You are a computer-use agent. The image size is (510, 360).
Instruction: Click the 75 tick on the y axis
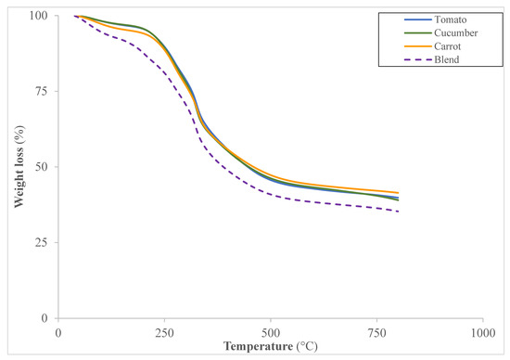43,92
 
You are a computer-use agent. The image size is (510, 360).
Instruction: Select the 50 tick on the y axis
43,167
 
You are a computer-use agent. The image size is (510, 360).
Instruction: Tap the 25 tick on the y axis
43,243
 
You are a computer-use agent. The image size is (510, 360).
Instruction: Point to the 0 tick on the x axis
58,331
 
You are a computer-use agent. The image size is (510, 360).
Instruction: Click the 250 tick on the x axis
164,331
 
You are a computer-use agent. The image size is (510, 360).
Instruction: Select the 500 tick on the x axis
271,331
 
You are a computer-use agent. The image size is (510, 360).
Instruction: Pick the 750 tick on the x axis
376,331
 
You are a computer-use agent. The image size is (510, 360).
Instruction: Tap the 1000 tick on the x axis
482,331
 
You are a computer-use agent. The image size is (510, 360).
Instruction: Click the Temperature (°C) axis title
270,348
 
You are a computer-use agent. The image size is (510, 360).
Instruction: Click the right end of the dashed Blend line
398,212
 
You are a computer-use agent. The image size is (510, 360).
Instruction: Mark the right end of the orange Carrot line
398,193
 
